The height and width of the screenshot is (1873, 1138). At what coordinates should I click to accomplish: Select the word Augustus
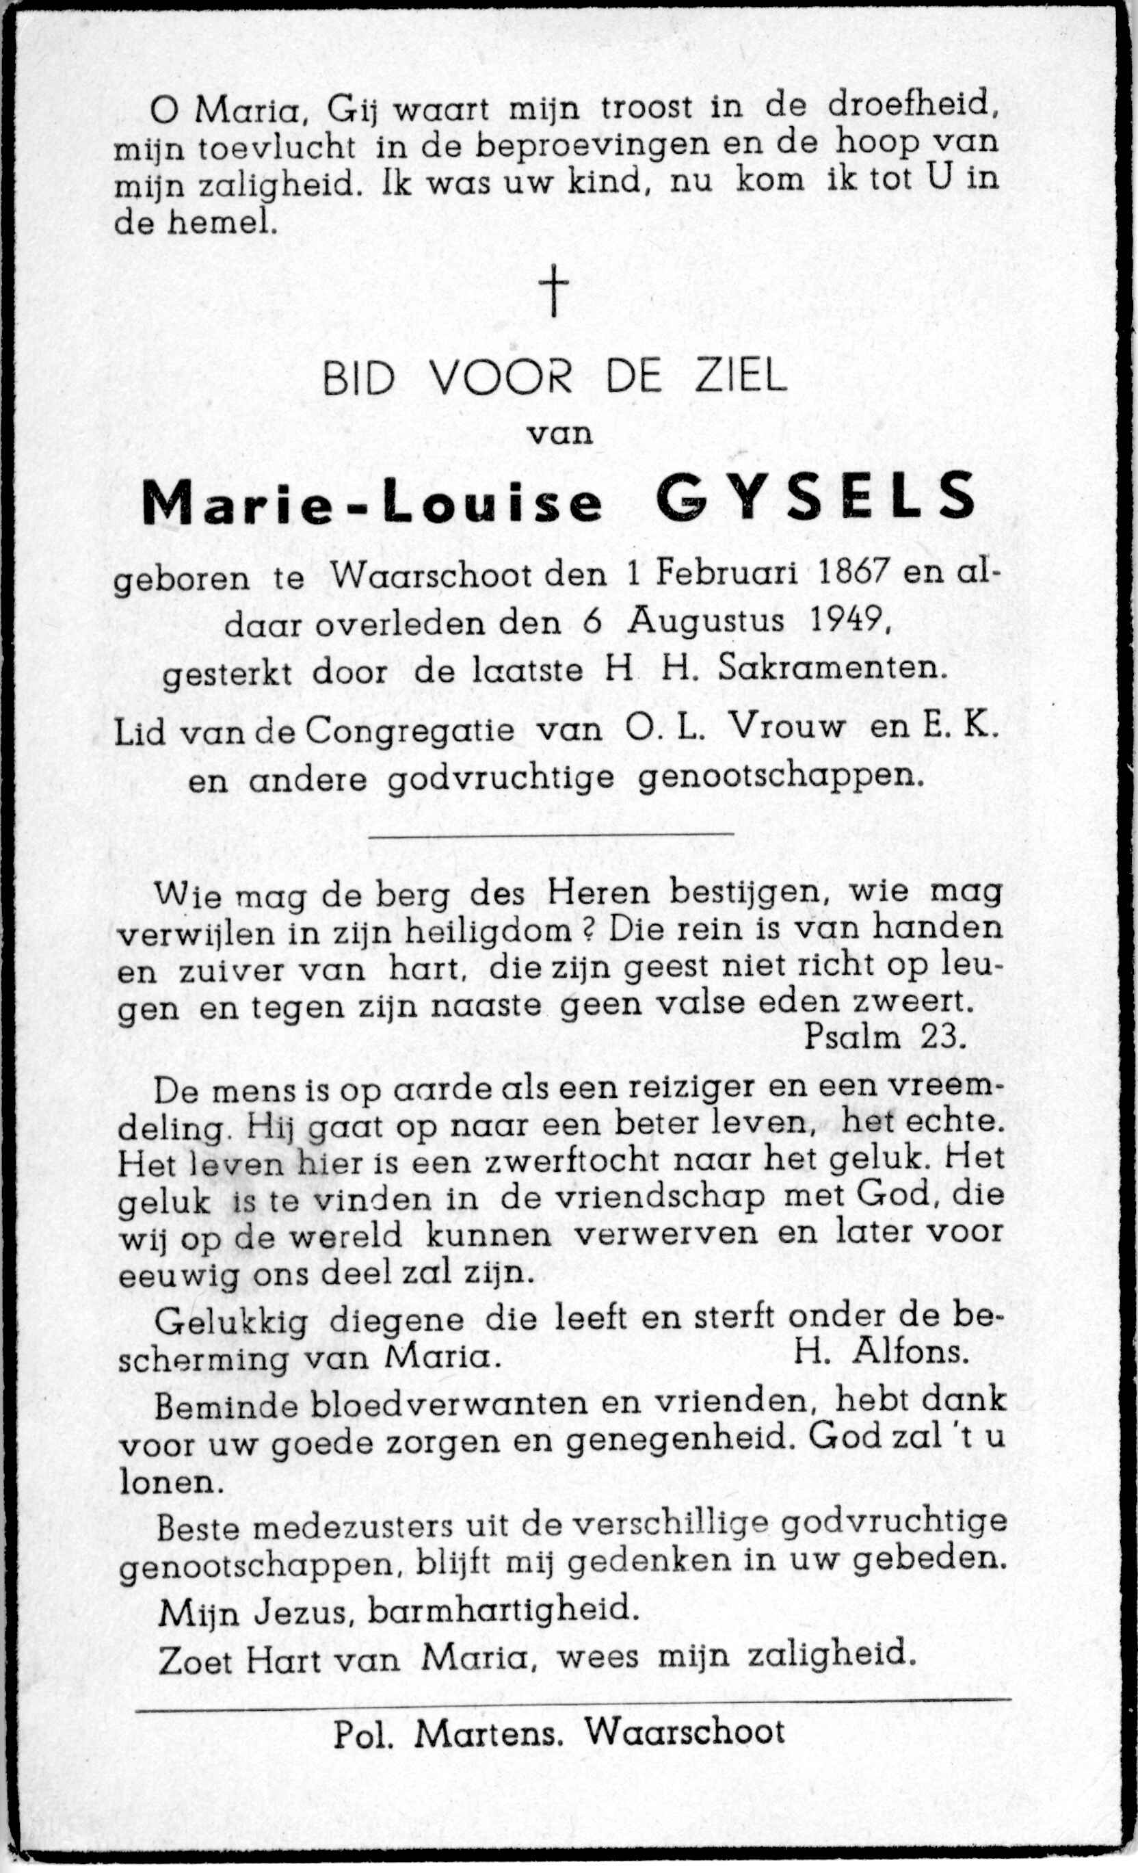706,621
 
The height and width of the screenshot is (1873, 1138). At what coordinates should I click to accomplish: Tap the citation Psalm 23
884,1038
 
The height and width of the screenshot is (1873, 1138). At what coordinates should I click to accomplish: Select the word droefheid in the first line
912,107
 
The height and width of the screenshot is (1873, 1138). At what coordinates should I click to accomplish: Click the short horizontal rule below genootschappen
551,834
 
